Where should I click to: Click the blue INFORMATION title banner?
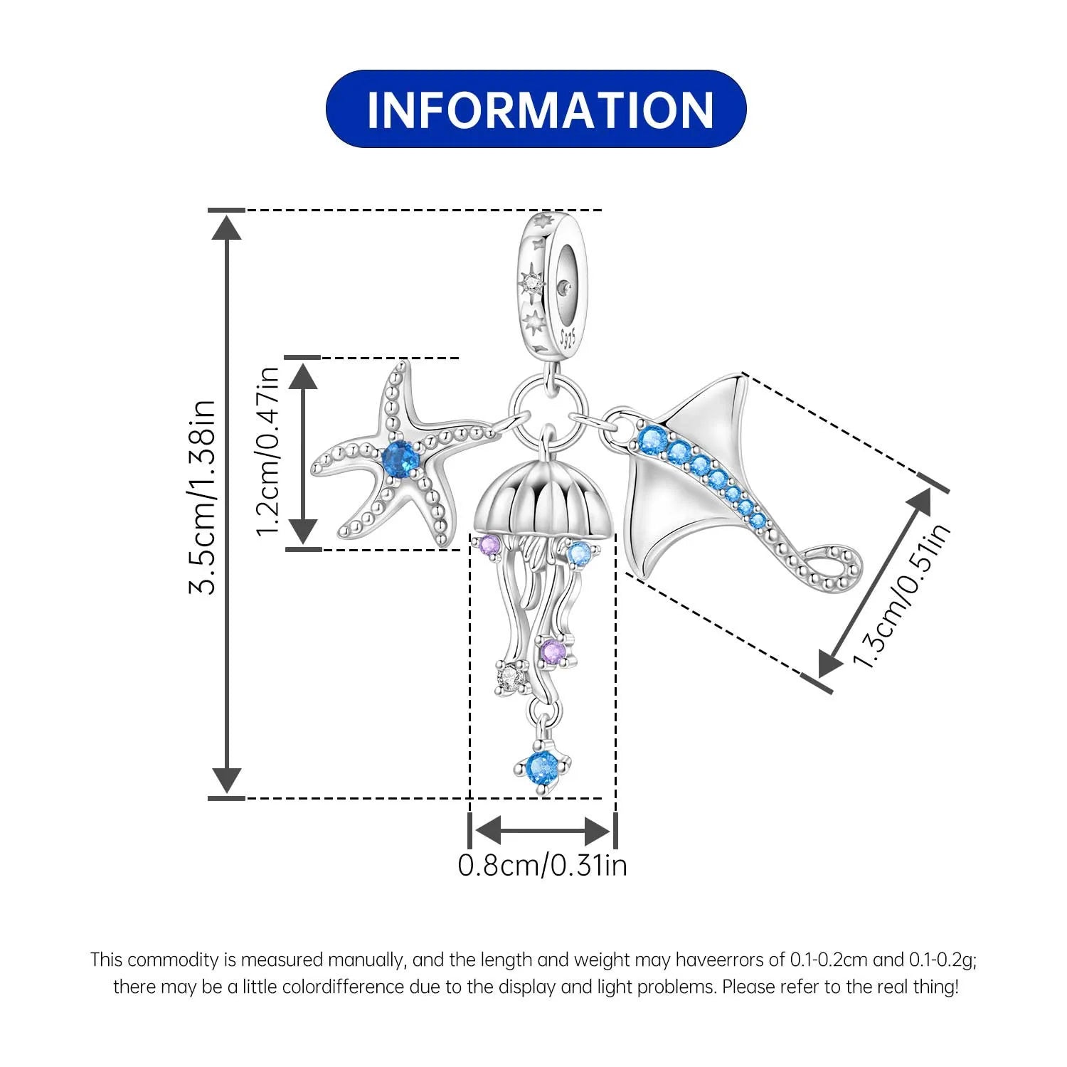[536, 109]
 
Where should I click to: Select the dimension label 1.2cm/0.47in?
[268, 452]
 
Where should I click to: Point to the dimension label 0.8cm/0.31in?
[543, 865]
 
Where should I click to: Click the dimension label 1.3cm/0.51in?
[901, 596]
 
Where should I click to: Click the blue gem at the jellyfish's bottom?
[542, 769]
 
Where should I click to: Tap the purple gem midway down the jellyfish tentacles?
[552, 651]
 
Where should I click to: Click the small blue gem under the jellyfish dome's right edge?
[580, 551]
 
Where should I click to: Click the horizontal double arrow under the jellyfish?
[543, 829]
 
